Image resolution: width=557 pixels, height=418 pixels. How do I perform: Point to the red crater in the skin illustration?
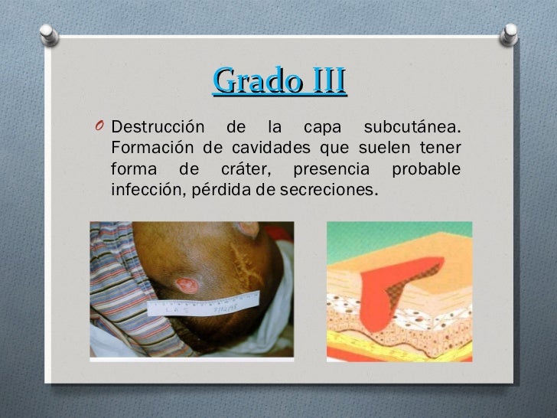[383, 291]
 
